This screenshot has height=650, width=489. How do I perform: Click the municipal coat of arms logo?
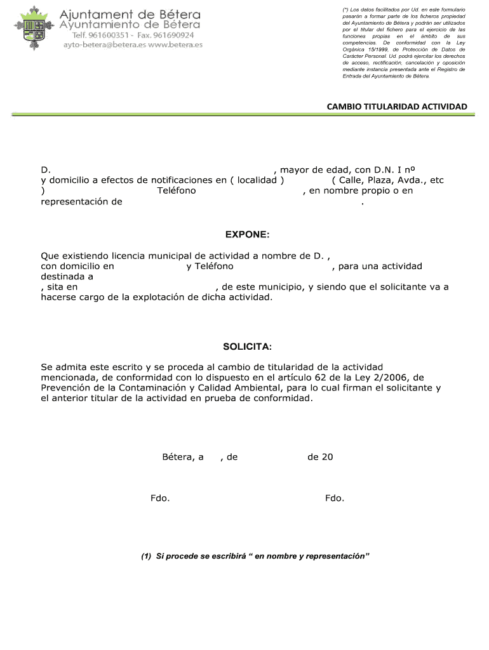pyautogui.click(x=31, y=29)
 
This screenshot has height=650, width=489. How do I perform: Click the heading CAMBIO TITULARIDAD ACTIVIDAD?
pyautogui.click(x=396, y=106)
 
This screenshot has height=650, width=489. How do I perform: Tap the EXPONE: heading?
pyautogui.click(x=247, y=235)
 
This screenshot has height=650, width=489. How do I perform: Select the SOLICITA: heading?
pyautogui.click(x=247, y=347)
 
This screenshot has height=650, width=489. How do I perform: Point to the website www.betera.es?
pyautogui.click(x=176, y=45)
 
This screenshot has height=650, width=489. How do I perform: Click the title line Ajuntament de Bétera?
pyautogui.click(x=130, y=13)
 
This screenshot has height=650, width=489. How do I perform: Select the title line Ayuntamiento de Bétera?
pyautogui.click(x=130, y=24)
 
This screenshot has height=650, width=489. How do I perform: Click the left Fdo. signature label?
pyautogui.click(x=160, y=498)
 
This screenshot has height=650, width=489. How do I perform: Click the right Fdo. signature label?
pyautogui.click(x=335, y=498)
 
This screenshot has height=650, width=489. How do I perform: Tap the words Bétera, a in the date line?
pyautogui.click(x=183, y=456)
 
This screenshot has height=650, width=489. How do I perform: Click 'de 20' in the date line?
pyautogui.click(x=320, y=456)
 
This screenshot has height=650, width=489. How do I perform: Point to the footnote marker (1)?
pyautogui.click(x=146, y=556)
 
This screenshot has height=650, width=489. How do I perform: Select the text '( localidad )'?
pyautogui.click(x=257, y=180)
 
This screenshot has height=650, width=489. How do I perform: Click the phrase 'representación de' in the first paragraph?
pyautogui.click(x=81, y=202)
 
